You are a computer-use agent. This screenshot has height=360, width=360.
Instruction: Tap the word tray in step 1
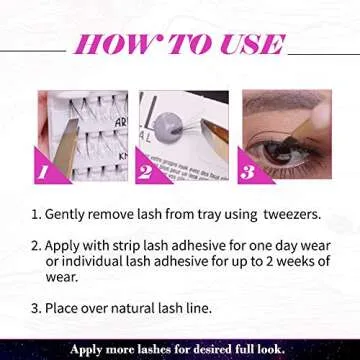206,214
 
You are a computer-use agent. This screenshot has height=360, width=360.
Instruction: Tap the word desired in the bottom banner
220,350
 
